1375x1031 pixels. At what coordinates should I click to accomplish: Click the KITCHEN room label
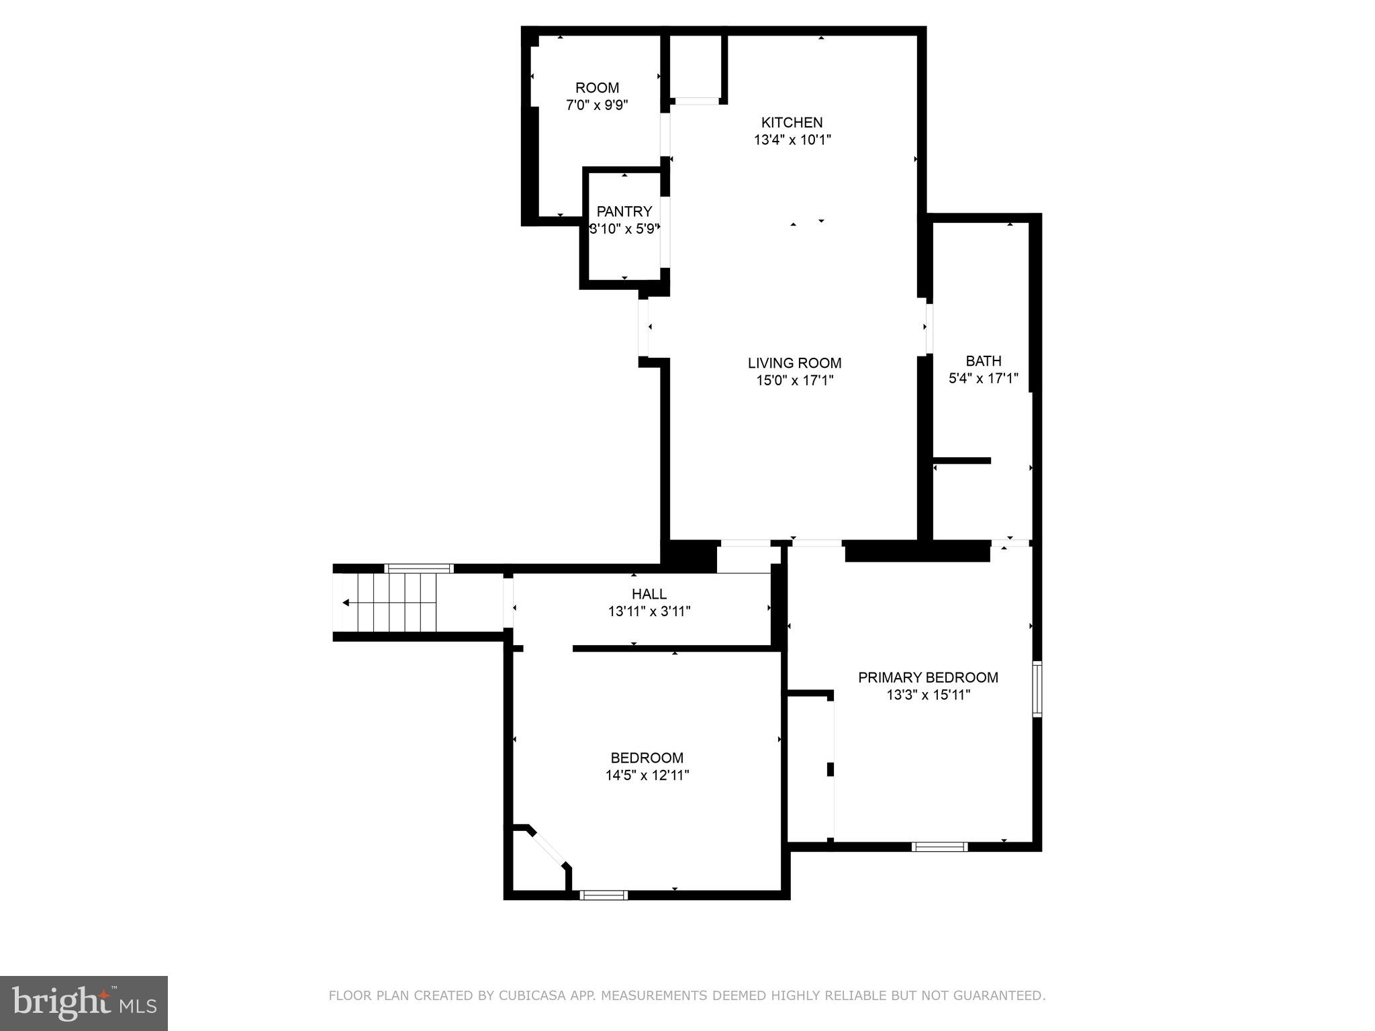792,122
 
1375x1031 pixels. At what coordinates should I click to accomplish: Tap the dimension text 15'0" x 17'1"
794,381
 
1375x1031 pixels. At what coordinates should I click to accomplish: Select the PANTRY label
624,211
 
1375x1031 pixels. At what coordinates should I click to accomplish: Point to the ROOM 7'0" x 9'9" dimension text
597,105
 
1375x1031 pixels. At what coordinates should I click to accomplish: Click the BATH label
983,361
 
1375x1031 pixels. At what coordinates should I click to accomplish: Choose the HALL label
649,594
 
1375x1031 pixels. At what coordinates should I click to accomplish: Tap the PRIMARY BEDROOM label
928,677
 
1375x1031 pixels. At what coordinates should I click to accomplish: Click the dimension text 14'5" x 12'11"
647,775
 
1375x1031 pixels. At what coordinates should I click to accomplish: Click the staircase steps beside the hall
396,602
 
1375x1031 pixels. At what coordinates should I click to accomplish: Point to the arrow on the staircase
346,602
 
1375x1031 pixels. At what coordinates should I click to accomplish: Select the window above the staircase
419,568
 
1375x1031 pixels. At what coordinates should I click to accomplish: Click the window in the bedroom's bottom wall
604,895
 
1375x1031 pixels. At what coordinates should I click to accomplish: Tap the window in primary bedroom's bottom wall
939,846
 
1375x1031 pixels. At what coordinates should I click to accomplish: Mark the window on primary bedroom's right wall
1037,689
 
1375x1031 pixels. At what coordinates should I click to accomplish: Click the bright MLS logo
84,1003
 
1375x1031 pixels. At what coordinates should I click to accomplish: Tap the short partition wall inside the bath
962,460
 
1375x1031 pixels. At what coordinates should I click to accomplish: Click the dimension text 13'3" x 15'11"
928,695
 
